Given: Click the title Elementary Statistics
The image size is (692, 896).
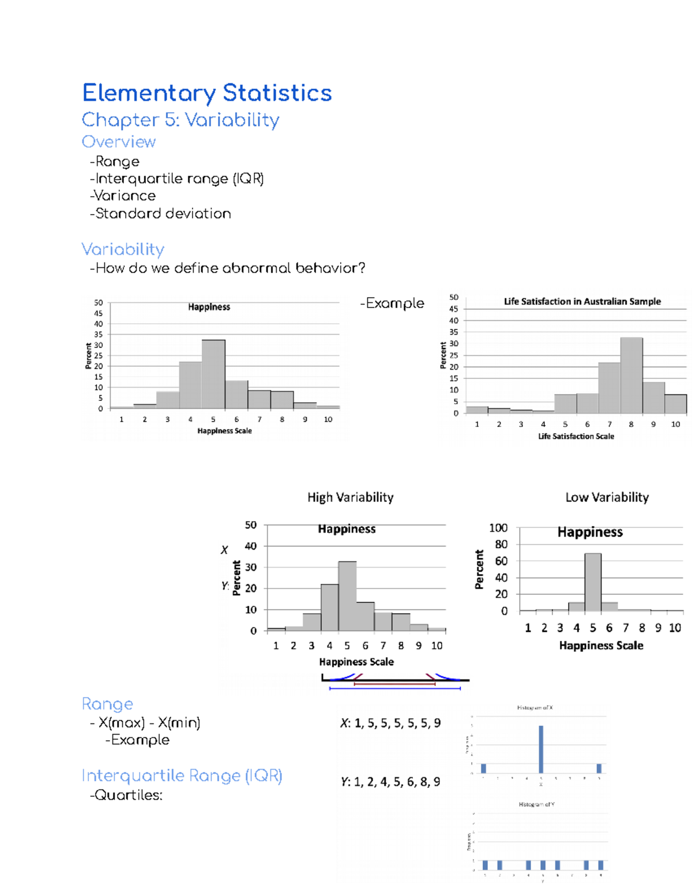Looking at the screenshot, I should (206, 93).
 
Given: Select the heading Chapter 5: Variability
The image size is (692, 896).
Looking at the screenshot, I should (180, 120).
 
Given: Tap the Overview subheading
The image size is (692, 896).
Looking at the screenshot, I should (119, 142).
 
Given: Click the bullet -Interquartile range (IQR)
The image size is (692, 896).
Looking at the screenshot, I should (177, 179).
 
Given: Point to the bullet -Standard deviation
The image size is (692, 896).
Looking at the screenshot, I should (160, 213).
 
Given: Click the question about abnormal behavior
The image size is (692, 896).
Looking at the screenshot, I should (228, 268).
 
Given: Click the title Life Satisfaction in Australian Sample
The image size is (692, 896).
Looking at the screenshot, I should (582, 301).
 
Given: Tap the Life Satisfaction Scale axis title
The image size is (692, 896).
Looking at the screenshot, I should (576, 436).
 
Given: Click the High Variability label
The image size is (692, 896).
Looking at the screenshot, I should (350, 497).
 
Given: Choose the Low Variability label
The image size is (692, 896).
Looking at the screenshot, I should (607, 497).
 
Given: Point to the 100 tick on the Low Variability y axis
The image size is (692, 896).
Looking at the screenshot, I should (498, 528).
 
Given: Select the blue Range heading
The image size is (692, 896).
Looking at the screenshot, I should (107, 704).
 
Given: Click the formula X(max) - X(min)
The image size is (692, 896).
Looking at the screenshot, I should (149, 723).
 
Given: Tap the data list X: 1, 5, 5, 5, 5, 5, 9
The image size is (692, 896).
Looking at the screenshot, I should (390, 723).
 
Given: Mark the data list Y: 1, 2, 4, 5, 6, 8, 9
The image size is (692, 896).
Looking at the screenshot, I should (390, 782).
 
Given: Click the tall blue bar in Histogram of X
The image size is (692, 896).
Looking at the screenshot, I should (541, 749).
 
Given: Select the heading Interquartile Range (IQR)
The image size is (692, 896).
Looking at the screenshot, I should (182, 776).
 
